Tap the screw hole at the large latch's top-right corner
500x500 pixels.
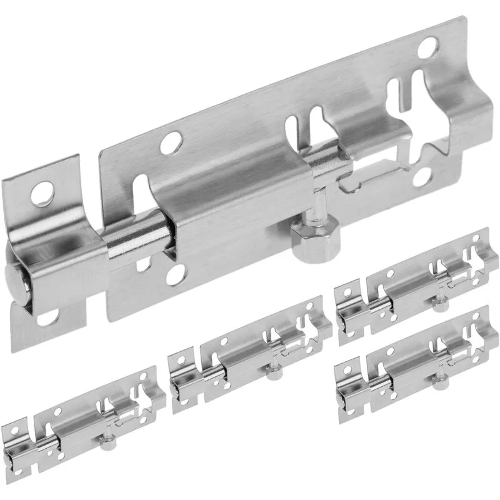point(429,47)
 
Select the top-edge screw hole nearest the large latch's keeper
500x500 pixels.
point(169,143)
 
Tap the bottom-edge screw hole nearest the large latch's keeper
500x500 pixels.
point(176,273)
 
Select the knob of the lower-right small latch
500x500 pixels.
point(439,381)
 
